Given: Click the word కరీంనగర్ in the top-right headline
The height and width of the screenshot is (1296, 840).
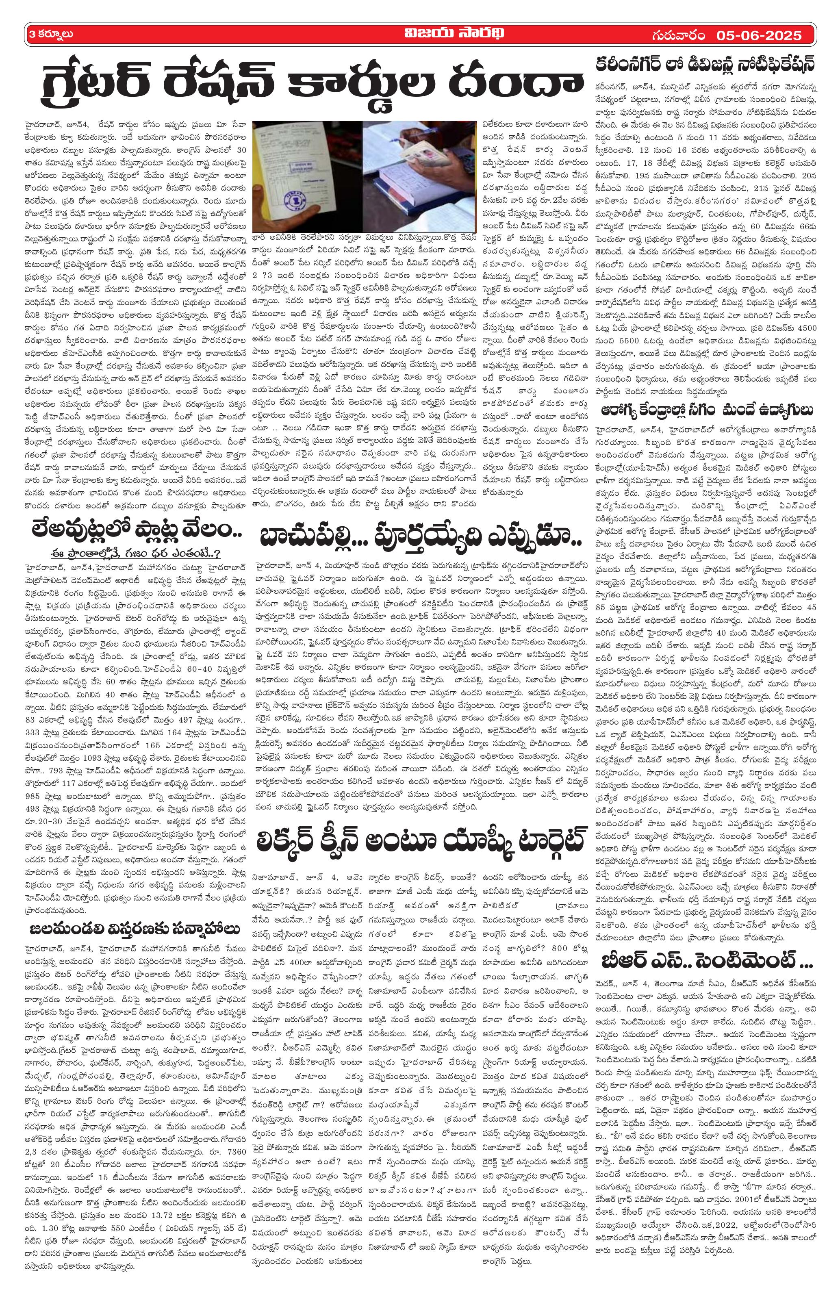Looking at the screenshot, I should (x=631, y=64).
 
